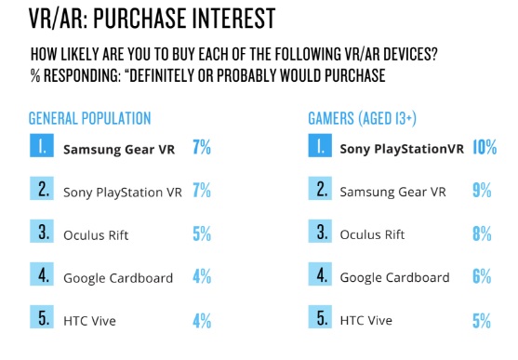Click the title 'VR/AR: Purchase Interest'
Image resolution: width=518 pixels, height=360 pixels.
click(152, 19)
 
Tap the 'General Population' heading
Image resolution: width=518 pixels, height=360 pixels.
click(90, 118)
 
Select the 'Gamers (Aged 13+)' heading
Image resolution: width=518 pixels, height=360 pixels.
click(363, 118)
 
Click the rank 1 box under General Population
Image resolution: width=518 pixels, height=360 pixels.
click(42, 145)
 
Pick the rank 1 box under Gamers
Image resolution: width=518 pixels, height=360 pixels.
click(320, 145)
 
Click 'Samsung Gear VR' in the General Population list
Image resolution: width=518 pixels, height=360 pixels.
click(119, 150)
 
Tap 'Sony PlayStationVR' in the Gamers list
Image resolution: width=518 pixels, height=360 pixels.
click(402, 149)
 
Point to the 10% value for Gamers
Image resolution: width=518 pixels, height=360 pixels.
click(485, 147)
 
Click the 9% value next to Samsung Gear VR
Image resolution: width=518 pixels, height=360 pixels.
click(482, 190)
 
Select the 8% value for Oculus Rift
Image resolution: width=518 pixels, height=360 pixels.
click(482, 233)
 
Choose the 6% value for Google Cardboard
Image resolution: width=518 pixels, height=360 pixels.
click(482, 276)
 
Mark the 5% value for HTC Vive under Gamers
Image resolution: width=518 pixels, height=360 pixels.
click(482, 321)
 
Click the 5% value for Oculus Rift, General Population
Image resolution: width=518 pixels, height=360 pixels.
click(202, 233)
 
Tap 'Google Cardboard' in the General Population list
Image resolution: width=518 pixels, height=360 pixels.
click(118, 278)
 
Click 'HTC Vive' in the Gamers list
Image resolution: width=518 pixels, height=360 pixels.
click(366, 320)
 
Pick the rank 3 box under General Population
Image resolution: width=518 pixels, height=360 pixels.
click(42, 231)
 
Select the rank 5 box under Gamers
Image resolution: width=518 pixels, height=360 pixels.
click(320, 316)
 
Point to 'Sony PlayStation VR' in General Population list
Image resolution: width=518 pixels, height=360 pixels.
click(123, 193)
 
